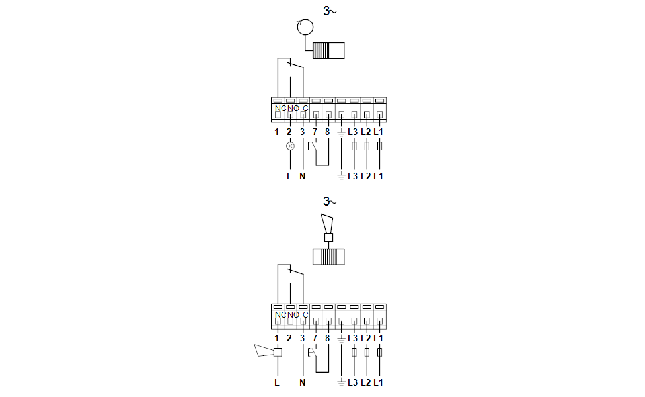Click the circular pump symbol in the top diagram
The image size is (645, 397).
(305, 27)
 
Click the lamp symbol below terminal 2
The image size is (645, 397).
(290, 146)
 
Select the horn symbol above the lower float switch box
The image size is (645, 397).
(328, 228)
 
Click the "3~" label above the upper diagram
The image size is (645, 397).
(330, 11)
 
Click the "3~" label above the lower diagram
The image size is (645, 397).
(330, 201)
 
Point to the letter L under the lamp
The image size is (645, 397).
(289, 176)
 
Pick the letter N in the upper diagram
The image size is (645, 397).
(303, 176)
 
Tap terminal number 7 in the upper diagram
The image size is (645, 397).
(315, 132)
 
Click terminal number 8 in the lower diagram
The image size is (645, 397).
(327, 338)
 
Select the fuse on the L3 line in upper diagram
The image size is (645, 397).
(354, 146)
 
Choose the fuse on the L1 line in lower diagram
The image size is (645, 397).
(380, 353)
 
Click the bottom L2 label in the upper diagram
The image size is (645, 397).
(365, 176)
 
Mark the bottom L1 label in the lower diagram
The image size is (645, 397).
(379, 382)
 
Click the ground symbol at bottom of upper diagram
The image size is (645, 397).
(341, 176)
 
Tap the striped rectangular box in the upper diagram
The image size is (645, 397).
(328, 50)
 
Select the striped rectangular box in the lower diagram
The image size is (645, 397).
(328, 257)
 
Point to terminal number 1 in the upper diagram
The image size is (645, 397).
(276, 132)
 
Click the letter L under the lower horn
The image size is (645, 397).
(276, 382)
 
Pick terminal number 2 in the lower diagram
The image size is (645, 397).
(289, 338)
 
